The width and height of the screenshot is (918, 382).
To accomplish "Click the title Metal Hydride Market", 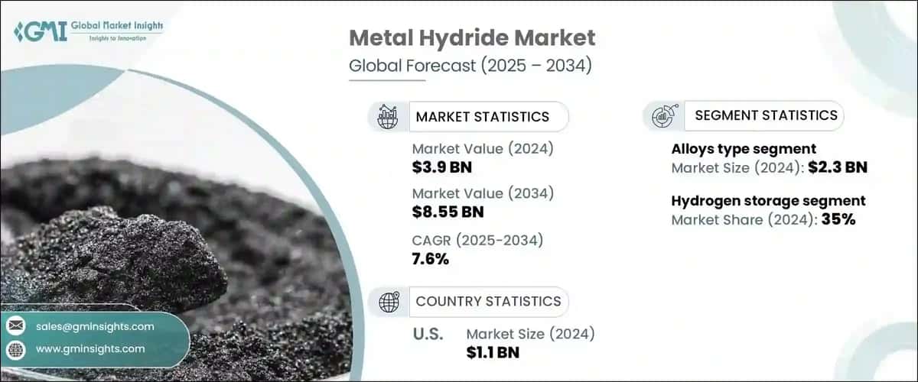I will click(x=471, y=39).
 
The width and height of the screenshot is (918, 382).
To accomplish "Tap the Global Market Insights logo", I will click(x=88, y=31).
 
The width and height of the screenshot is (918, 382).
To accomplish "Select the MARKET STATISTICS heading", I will click(x=482, y=117).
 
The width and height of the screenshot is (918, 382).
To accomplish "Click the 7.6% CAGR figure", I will click(x=431, y=259).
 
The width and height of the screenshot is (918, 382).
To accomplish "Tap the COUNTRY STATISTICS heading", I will click(x=488, y=302).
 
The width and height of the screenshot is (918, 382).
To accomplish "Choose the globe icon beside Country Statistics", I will click(x=389, y=303).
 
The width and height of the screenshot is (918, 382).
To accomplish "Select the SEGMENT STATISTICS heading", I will click(x=766, y=115).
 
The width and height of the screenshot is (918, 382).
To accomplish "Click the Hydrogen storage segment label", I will click(x=768, y=201).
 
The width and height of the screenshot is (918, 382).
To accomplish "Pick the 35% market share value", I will click(x=838, y=220).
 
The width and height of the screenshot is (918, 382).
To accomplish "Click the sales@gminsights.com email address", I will click(x=95, y=326).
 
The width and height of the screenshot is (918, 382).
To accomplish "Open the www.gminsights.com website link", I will click(x=90, y=348).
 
